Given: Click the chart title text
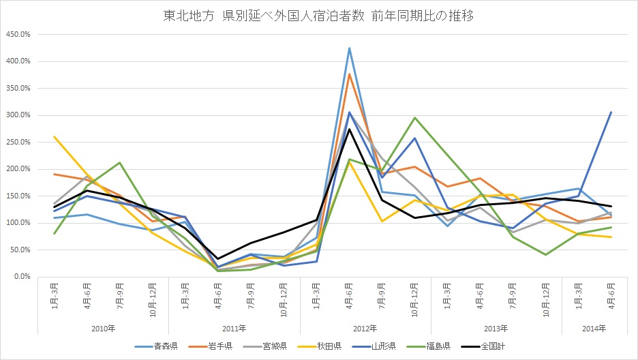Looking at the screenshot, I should [319, 14].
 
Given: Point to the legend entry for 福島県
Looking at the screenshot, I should [433, 346].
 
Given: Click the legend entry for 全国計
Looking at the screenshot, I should [486, 346].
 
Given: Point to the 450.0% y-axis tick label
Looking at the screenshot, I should [17, 34].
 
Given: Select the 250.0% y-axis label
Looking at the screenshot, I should [17, 142].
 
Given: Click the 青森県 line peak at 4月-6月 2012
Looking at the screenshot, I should [349, 48].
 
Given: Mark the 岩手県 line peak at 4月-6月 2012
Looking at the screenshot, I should [349, 74].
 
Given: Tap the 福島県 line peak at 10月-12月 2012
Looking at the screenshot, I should [415, 117].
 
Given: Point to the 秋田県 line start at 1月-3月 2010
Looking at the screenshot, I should [55, 136].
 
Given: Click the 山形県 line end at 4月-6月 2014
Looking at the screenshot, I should [611, 112].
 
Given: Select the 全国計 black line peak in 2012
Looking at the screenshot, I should [349, 129].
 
